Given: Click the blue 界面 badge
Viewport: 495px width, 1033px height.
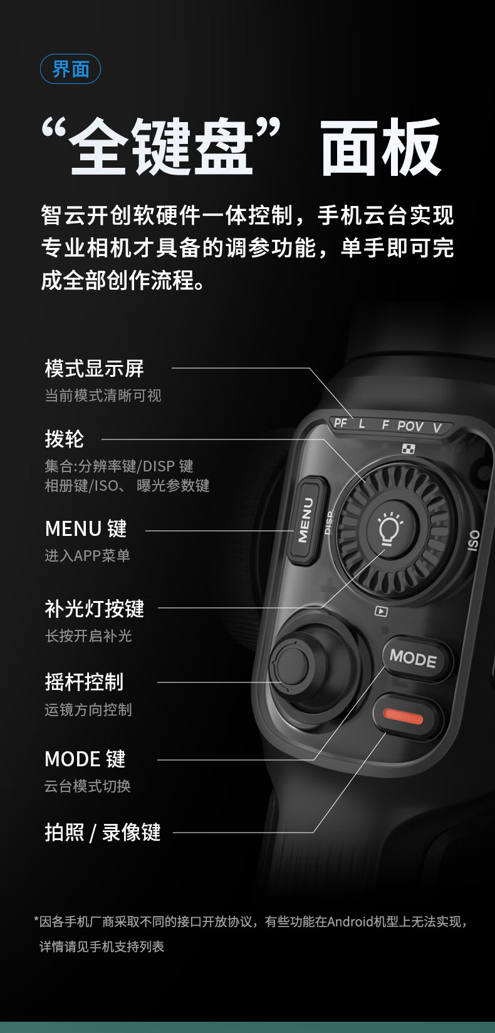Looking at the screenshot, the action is click(70, 69).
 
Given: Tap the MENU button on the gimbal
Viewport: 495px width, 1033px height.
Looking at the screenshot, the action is click(306, 520).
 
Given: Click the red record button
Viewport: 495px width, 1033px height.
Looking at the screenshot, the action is click(403, 717).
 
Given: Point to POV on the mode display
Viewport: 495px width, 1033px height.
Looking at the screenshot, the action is click(410, 426).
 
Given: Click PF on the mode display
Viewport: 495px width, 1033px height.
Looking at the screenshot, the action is click(340, 423).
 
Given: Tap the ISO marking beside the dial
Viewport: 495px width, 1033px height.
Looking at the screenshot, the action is click(474, 540).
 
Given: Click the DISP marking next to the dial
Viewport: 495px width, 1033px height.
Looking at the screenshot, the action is click(329, 522).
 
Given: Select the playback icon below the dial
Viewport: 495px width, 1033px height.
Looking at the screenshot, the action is click(381, 612).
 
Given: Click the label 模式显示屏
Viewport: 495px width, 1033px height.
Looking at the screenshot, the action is click(94, 369).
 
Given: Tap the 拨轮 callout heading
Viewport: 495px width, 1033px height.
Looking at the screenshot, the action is click(64, 439).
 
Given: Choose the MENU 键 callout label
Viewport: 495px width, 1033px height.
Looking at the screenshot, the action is click(86, 528).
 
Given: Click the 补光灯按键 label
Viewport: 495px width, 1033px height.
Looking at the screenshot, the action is click(94, 609).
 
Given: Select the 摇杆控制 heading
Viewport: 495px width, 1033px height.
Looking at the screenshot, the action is click(84, 682).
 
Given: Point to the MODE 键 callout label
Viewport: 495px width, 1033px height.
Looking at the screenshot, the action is click(85, 759).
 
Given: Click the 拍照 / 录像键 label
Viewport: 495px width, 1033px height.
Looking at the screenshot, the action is click(103, 833).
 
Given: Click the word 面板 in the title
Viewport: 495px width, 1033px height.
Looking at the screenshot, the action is click(380, 147).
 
